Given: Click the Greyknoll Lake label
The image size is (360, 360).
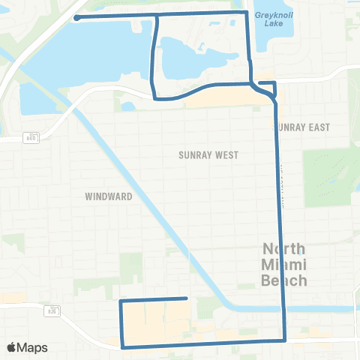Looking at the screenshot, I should click(x=274, y=18).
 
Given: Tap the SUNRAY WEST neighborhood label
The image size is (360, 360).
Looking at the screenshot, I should click(x=208, y=155).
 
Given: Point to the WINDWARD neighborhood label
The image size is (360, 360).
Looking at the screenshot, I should click(x=109, y=196).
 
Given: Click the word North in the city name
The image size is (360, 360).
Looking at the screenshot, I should click(x=283, y=250).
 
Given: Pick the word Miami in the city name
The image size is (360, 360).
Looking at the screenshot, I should click(x=283, y=265).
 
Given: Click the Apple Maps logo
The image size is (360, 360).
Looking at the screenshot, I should click(x=26, y=347).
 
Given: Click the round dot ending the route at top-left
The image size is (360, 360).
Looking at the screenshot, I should click(x=77, y=17).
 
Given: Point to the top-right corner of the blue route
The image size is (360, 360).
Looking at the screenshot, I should click(x=247, y=13).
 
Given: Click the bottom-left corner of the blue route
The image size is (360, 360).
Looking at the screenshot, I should click(x=122, y=346).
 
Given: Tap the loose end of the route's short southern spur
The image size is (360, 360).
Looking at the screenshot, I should click(x=186, y=298).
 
